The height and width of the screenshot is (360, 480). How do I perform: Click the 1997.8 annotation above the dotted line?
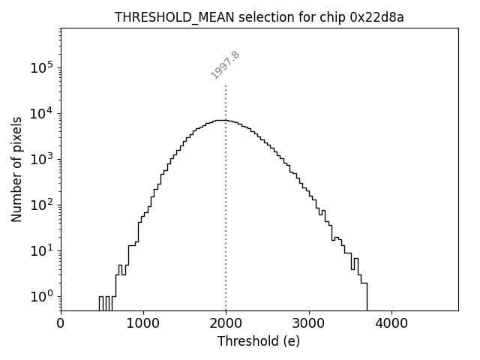point(225,65)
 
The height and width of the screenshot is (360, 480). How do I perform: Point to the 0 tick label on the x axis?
point(61,323)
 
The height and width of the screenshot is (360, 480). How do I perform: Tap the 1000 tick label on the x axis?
point(143,323)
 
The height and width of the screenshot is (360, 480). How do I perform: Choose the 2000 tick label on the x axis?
point(226,323)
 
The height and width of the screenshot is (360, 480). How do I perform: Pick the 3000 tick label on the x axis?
point(308,323)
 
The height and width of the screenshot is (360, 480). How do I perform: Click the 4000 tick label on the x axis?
point(391,323)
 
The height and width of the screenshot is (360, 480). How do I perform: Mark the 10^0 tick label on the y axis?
point(41,296)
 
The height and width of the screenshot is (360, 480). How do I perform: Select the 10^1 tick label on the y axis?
point(41,250)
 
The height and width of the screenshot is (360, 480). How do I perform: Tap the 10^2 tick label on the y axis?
point(41,205)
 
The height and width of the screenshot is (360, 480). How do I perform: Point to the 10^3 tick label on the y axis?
point(41,159)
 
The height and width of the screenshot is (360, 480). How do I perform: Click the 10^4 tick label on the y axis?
point(41,113)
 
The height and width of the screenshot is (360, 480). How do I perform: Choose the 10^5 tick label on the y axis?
point(41,67)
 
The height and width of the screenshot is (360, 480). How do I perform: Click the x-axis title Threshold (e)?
point(259,341)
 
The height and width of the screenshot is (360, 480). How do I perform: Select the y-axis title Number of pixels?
point(16,169)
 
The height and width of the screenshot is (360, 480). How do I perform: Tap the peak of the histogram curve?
point(220,120)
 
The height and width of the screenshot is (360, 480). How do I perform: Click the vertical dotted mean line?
point(226,225)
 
